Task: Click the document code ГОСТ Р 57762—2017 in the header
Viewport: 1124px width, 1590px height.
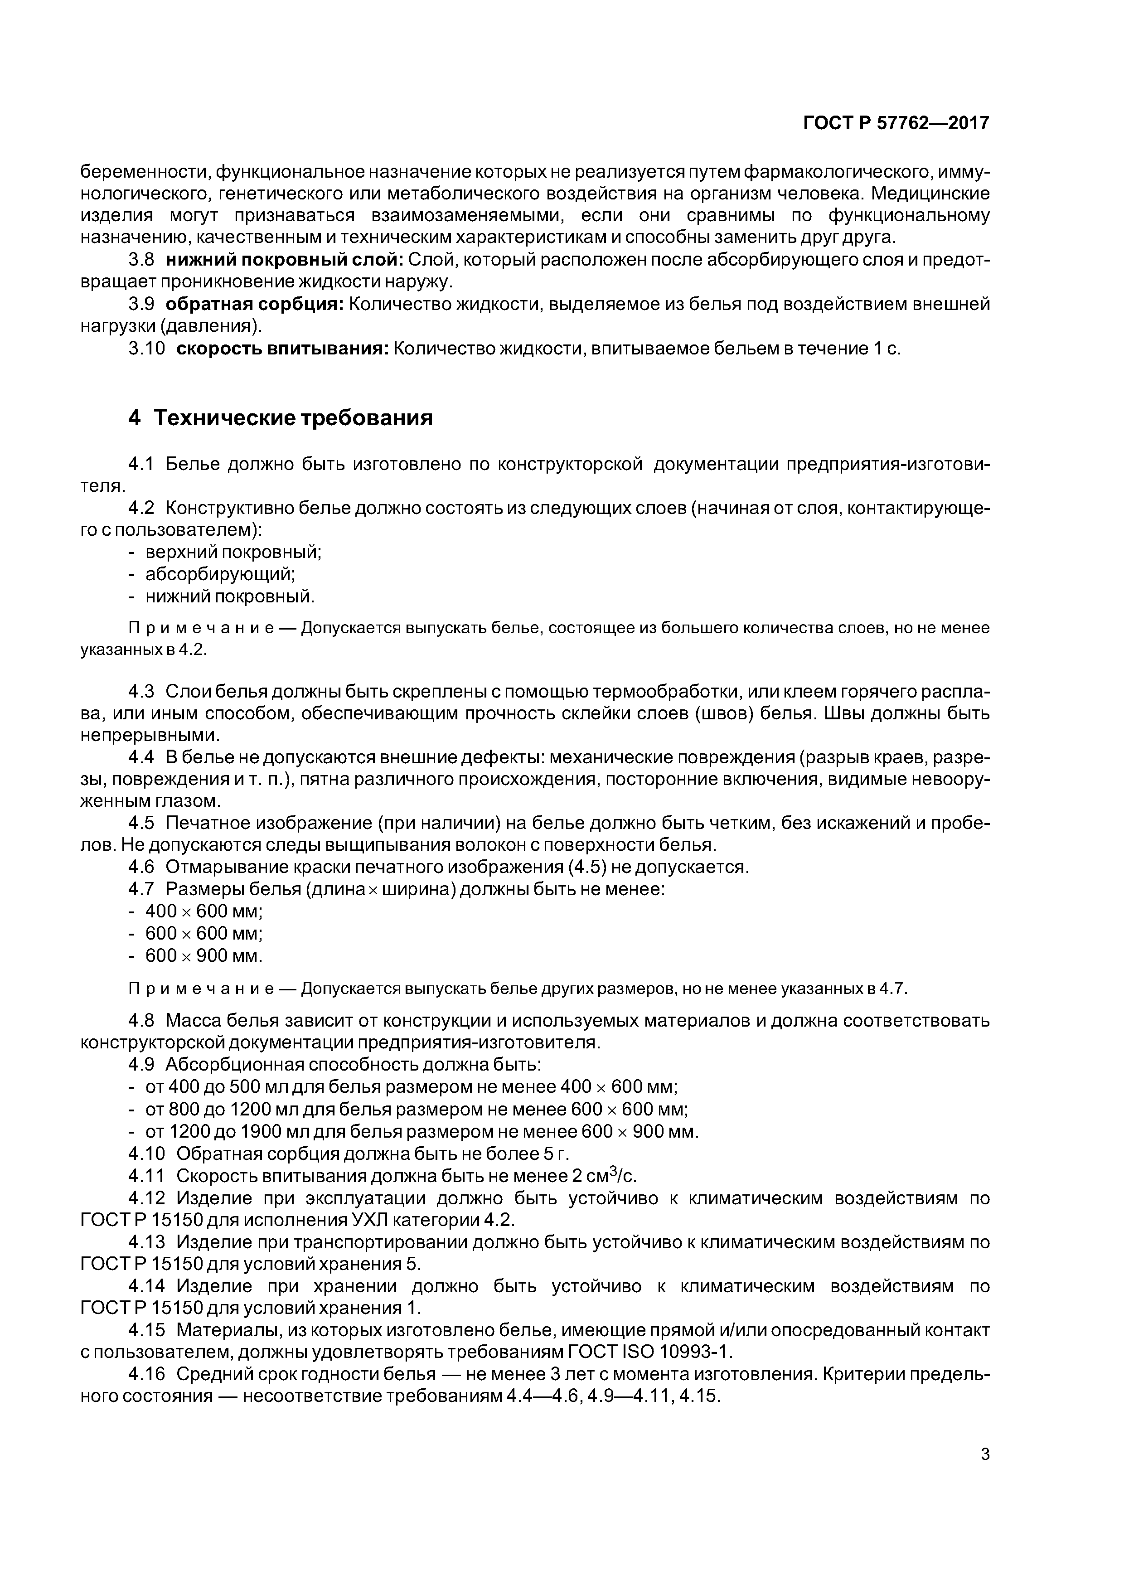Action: pos(896,123)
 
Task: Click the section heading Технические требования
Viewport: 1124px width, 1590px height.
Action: pos(293,417)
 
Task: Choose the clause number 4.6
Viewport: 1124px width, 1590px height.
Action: pos(143,867)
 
